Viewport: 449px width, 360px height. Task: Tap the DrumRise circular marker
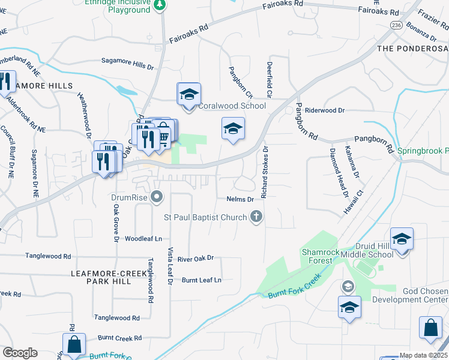point(157,196)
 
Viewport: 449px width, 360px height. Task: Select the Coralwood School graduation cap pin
point(188,95)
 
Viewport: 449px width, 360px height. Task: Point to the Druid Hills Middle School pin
point(402,239)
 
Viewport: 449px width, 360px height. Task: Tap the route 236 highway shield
point(395,25)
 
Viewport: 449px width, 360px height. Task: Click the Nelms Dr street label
point(241,199)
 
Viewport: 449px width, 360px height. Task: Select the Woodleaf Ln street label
point(143,238)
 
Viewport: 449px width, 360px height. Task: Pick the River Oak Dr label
point(196,259)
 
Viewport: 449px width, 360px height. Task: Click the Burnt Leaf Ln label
point(202,280)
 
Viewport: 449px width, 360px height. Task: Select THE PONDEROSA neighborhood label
point(412,47)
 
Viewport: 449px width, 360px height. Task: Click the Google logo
point(20,353)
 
